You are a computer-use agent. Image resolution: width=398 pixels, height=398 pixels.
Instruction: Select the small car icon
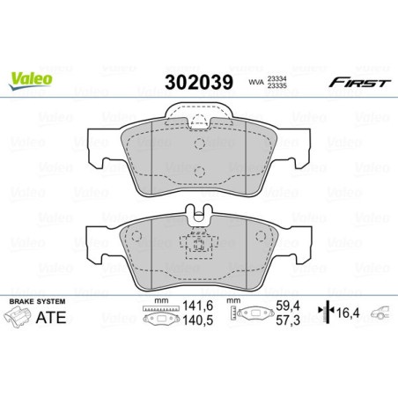tap(380, 313)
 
